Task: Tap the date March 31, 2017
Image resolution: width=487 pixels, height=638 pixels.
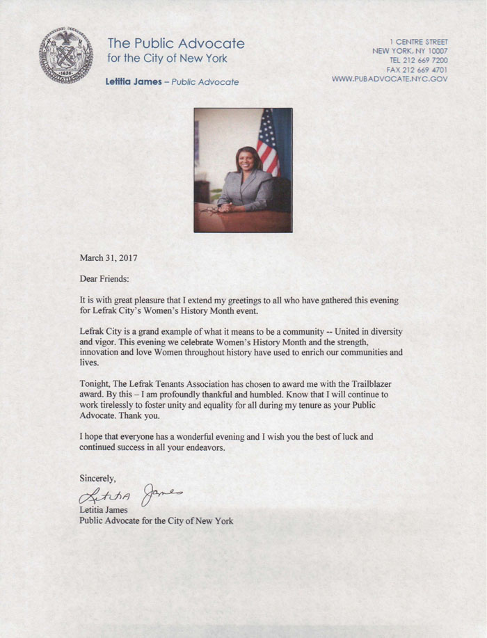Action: coord(108,258)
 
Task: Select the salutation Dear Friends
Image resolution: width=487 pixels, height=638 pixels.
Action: coord(104,279)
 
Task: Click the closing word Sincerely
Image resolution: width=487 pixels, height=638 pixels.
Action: coord(97,479)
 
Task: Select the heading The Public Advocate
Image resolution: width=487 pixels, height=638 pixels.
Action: coord(176,44)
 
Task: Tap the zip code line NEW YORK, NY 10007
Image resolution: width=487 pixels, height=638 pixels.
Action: coord(410,50)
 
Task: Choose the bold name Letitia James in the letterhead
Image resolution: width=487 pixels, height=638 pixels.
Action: coord(134,81)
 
